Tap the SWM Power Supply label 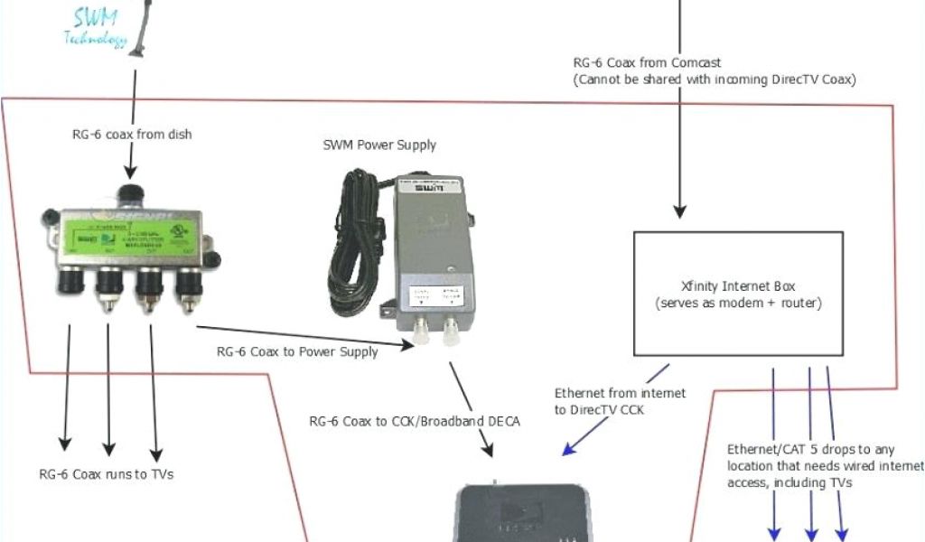click(x=379, y=145)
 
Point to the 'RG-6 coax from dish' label click(x=132, y=135)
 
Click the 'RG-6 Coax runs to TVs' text click(x=107, y=474)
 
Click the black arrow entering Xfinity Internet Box click(x=682, y=135)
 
